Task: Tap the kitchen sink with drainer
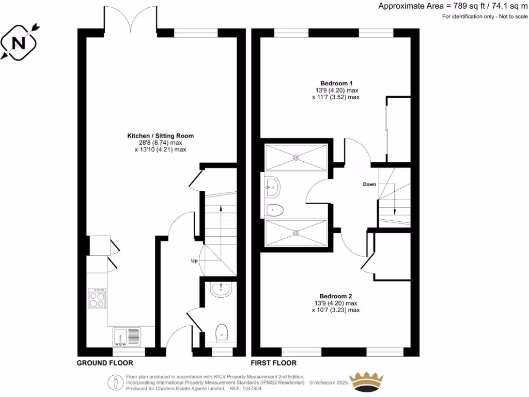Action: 127,337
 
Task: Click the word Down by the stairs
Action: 369,184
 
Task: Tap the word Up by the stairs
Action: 195,261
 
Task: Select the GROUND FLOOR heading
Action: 105,363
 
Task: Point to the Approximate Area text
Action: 453,6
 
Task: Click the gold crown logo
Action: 367,381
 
